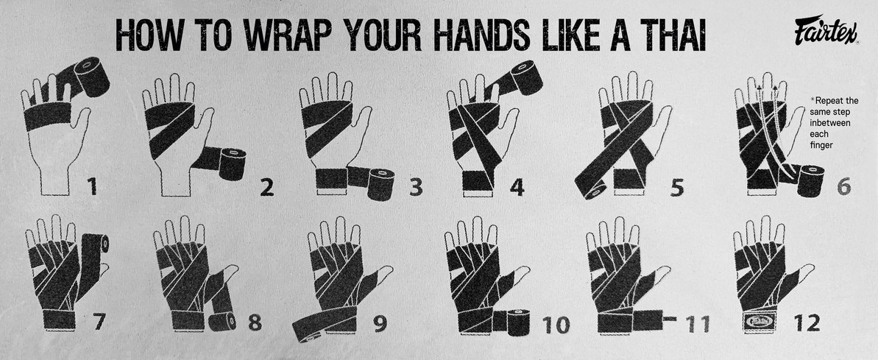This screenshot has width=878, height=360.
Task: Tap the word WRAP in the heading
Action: pyautogui.click(x=260, y=34)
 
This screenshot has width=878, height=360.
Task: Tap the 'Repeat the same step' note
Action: pyautogui.click(x=832, y=122)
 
